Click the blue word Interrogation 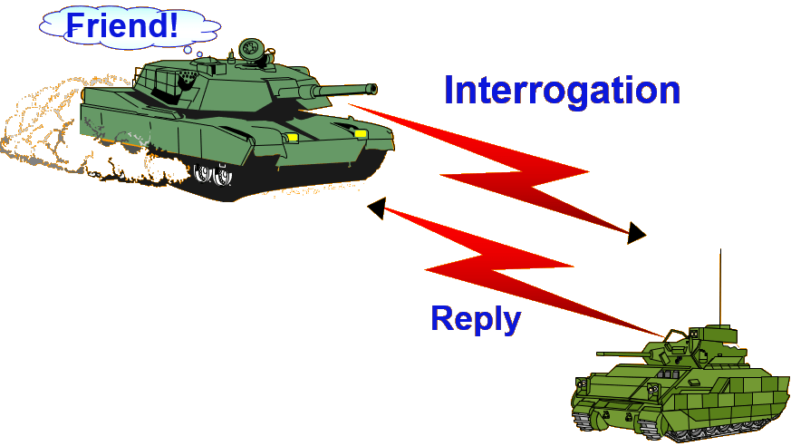(562, 91)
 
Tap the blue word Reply (476, 318)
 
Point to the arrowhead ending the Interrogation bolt (636, 233)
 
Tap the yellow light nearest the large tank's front (360, 134)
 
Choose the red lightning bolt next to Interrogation (507, 172)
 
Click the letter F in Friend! (77, 24)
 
